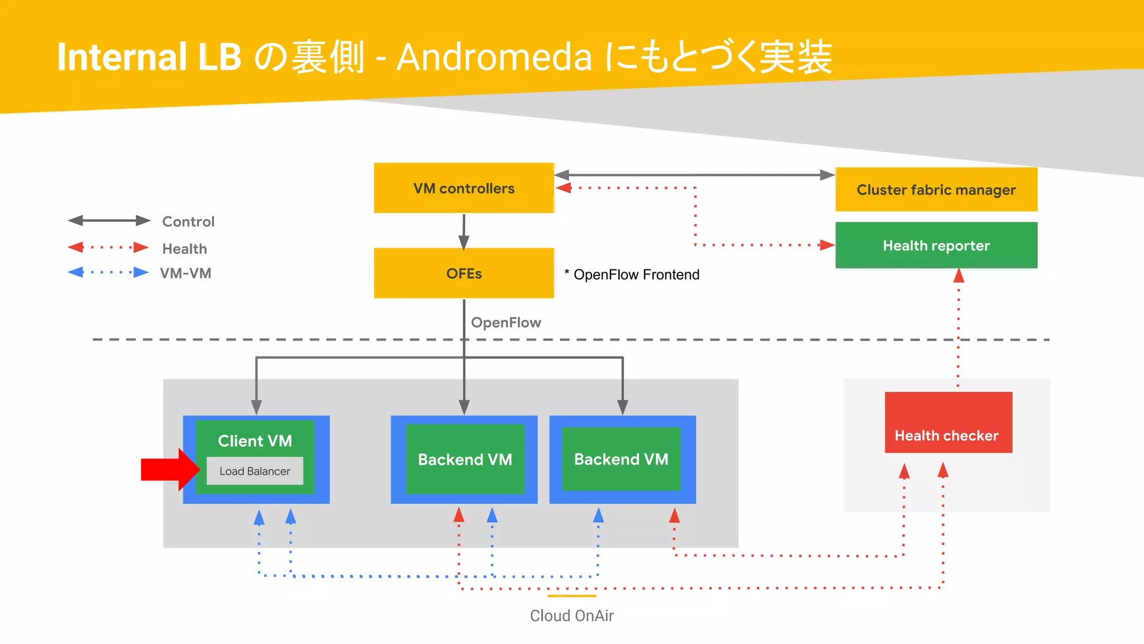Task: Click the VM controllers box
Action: [x=464, y=188]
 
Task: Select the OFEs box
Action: [x=464, y=273]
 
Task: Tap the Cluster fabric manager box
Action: [x=936, y=190]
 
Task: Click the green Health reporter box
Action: [x=936, y=245]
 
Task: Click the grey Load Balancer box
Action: [x=255, y=471]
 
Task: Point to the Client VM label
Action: [x=255, y=441]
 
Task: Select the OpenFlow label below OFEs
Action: [x=506, y=323]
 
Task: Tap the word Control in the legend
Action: [x=188, y=222]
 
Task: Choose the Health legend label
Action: [x=184, y=249]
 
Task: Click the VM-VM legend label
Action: [x=185, y=273]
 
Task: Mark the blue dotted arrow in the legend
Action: [x=108, y=273]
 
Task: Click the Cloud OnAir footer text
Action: [x=571, y=615]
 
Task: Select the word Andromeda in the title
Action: [x=494, y=57]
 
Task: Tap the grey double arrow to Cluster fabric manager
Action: [x=694, y=175]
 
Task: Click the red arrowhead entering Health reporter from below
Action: [x=959, y=276]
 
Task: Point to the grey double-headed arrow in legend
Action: [x=109, y=221]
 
